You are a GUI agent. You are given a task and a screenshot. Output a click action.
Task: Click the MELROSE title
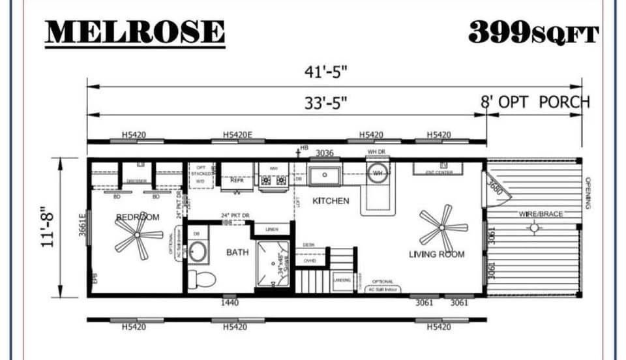click(135, 33)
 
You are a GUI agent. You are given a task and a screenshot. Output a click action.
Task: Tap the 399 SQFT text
click(533, 33)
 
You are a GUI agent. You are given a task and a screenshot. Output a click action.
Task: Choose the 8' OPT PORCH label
click(535, 102)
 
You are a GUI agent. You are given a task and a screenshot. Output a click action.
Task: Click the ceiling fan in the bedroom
click(138, 235)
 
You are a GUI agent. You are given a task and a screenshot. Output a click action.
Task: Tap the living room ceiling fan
click(443, 228)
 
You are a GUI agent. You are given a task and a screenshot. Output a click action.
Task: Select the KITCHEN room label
click(331, 201)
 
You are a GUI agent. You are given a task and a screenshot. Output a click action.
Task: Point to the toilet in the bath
click(203, 280)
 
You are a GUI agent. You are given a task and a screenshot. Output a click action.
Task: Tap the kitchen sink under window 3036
click(325, 175)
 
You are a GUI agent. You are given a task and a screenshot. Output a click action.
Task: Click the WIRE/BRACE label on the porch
click(541, 214)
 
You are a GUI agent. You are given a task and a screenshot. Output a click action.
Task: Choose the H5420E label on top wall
click(237, 135)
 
